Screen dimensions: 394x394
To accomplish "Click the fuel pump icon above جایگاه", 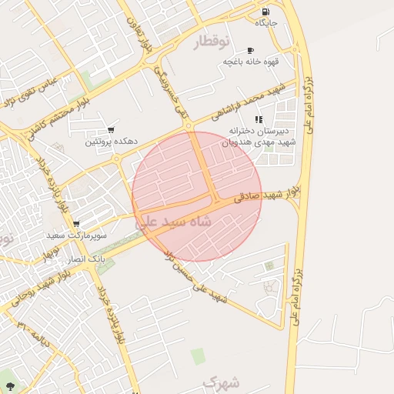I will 265,12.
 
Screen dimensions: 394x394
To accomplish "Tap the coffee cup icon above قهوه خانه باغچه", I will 251,50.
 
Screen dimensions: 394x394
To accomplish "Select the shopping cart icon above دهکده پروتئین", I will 112,130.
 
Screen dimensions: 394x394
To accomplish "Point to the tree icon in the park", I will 9,386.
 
